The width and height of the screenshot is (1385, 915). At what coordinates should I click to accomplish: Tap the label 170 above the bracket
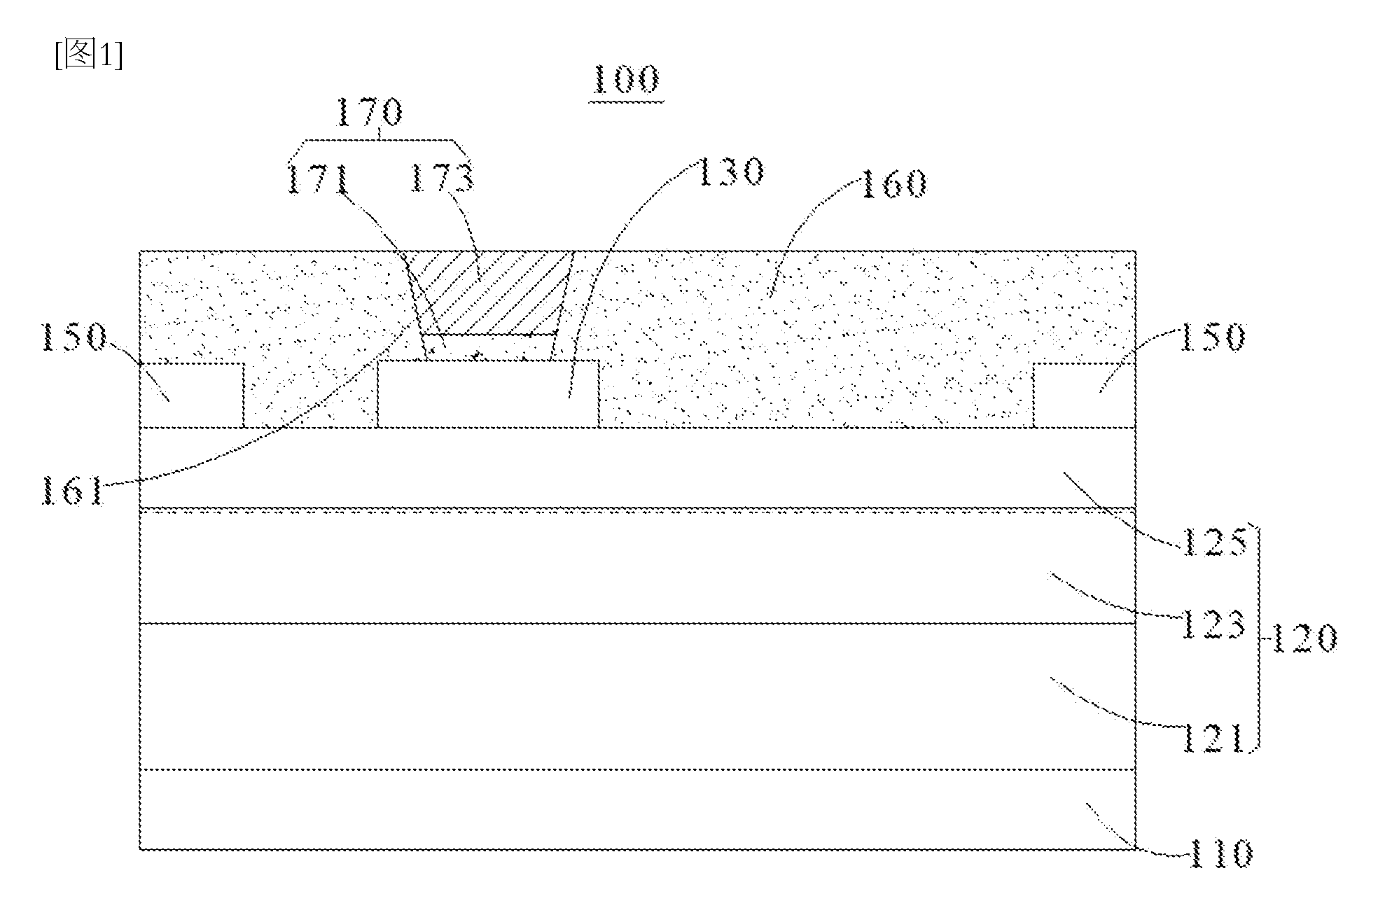click(370, 112)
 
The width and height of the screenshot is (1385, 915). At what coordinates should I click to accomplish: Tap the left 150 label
click(74, 336)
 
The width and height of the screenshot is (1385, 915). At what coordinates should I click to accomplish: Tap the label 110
click(1220, 853)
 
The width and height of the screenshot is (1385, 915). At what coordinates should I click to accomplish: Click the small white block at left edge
click(192, 395)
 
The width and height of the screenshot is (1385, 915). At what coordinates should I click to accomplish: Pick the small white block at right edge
click(1085, 395)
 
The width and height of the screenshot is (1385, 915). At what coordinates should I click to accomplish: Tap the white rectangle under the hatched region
click(488, 394)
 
